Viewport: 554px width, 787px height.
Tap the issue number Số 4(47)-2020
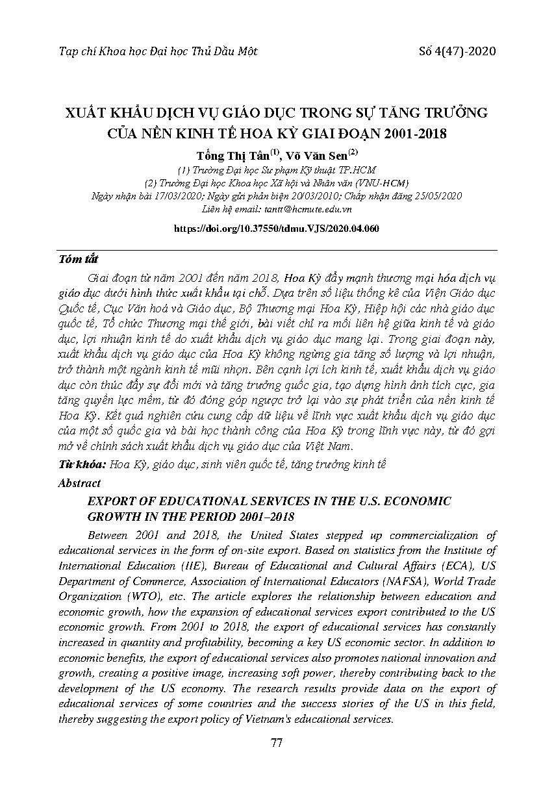click(458, 51)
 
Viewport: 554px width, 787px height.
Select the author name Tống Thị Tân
click(228, 156)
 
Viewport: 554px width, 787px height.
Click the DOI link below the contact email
click(277, 229)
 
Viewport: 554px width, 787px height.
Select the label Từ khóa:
click(82, 464)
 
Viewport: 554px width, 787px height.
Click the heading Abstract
click(79, 483)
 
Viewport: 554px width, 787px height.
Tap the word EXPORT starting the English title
click(107, 502)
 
